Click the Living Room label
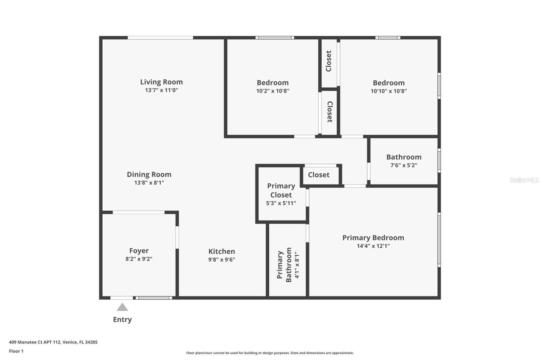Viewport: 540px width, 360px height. pyautogui.click(x=161, y=82)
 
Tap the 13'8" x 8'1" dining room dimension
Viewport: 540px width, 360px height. pyautogui.click(x=149, y=183)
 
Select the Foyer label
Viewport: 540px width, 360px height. pyautogui.click(x=139, y=251)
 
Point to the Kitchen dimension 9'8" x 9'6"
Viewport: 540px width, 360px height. pyautogui.click(x=221, y=260)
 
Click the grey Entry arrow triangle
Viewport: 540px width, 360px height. pyautogui.click(x=122, y=307)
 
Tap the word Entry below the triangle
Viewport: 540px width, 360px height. pyautogui.click(x=122, y=319)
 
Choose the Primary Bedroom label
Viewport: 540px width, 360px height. pyautogui.click(x=373, y=238)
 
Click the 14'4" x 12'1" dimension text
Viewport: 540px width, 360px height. pyautogui.click(x=373, y=246)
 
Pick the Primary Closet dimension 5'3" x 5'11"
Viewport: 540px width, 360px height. pyautogui.click(x=281, y=203)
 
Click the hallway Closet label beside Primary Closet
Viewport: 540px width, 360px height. pyautogui.click(x=319, y=175)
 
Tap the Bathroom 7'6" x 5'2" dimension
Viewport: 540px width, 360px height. pyautogui.click(x=404, y=165)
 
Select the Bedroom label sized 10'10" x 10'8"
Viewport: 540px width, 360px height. pyautogui.click(x=388, y=83)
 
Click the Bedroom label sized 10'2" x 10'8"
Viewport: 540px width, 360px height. pyautogui.click(x=272, y=83)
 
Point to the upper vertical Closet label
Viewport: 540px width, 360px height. pyautogui.click(x=329, y=61)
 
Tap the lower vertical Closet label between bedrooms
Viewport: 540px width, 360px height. pyautogui.click(x=330, y=112)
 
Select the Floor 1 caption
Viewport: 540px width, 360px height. pyautogui.click(x=16, y=351)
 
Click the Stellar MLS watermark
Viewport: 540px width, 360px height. pyautogui.click(x=524, y=180)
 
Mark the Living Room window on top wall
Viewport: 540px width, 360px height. pyautogui.click(x=160, y=37)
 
